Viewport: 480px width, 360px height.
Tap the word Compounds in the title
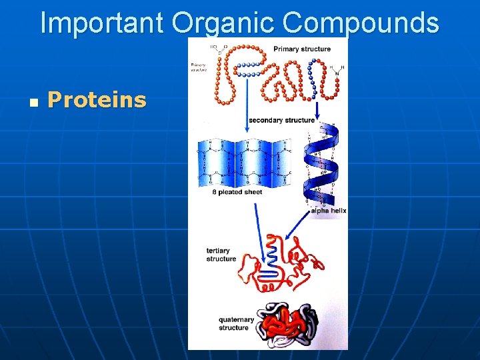coord(361,23)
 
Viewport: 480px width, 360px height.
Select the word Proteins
coord(97,100)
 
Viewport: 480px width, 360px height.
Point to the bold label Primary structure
coord(301,49)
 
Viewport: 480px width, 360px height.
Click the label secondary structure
coord(281,121)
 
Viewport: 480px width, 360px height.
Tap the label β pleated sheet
coord(237,192)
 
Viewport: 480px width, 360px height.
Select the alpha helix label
coord(329,211)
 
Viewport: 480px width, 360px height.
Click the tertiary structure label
coord(221,255)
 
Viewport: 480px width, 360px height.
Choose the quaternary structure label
coord(236,323)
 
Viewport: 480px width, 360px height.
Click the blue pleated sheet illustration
coord(244,163)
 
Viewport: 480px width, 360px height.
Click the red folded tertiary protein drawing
coord(280,263)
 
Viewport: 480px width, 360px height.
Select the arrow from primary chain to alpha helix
coord(316,110)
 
